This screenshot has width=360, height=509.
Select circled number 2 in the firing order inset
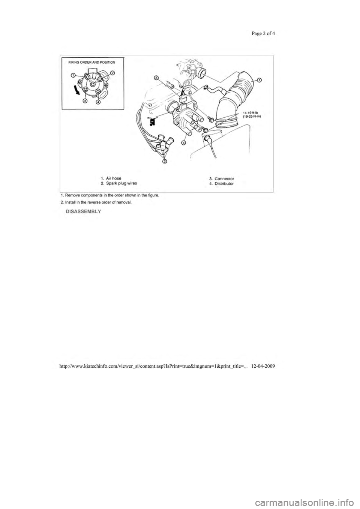tap(112, 73)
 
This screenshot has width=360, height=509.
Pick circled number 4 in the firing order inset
tap(98, 102)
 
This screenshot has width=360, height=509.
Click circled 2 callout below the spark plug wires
tap(164, 162)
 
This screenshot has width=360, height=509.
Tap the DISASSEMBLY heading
tap(83, 212)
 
